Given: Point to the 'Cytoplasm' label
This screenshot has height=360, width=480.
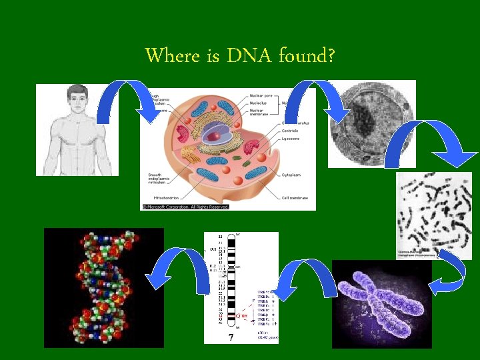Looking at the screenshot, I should (291, 175).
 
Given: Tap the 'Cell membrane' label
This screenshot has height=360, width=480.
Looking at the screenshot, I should (295, 198).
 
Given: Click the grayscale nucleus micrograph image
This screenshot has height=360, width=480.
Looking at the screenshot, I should (371, 123).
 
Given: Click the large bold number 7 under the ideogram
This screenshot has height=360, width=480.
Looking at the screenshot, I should (231, 337).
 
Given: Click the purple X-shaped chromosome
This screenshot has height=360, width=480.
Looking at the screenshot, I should (381, 303).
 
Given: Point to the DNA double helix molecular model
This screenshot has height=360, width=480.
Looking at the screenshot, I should (103, 287).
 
